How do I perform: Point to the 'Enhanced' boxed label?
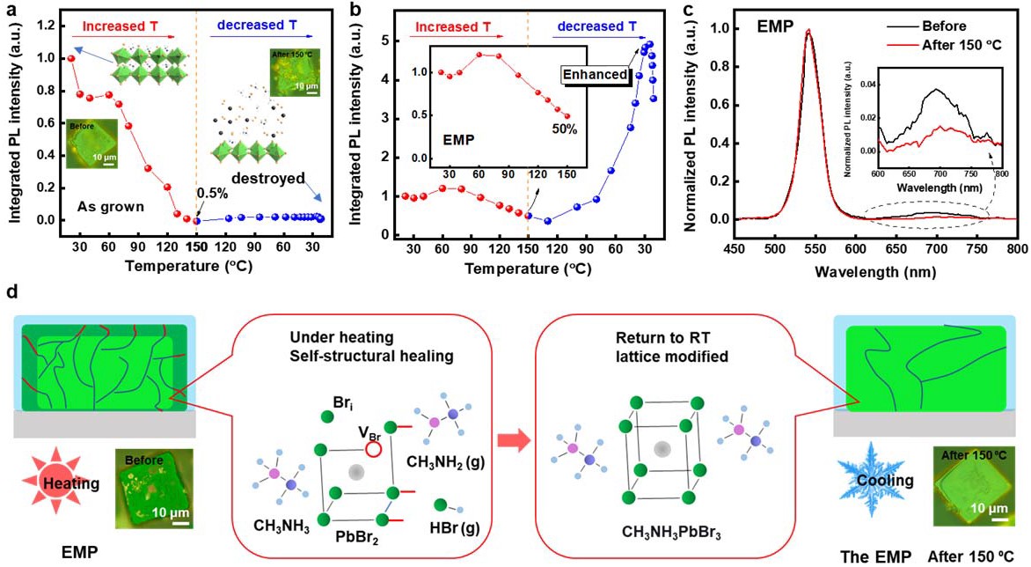[x=596, y=75]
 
